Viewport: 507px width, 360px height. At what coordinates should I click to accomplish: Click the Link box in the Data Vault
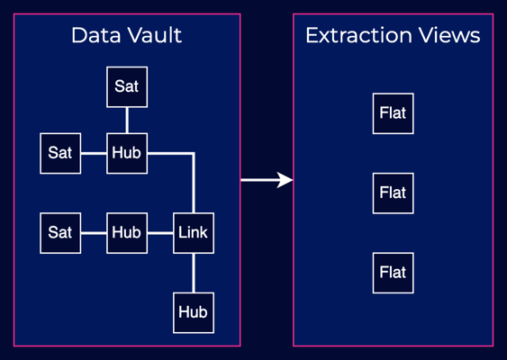193,233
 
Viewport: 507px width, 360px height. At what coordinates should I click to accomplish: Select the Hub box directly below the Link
193,312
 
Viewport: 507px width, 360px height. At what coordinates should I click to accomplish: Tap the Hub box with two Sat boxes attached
126,153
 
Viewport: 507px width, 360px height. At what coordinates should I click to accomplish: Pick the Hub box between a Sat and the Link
126,233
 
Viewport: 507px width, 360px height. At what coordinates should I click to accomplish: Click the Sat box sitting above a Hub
126,86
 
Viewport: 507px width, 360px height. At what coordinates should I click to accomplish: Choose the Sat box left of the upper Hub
60,153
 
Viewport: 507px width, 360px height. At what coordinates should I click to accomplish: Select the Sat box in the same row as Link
60,233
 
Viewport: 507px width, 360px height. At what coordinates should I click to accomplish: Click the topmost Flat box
393,113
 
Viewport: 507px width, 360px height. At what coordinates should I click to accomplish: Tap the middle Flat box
393,193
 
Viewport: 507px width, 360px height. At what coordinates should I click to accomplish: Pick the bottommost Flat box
393,273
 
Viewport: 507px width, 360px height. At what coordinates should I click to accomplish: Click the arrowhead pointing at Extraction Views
285,180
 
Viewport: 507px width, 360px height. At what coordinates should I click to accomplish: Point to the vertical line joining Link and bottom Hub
193,273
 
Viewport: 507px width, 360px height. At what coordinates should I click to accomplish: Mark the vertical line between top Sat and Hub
126,120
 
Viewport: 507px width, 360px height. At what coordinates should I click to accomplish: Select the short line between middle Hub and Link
159,233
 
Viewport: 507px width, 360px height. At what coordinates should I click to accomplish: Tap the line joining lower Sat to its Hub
94,233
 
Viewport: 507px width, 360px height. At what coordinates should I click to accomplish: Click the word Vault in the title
155,36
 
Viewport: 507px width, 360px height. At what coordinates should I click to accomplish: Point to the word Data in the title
97,36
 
